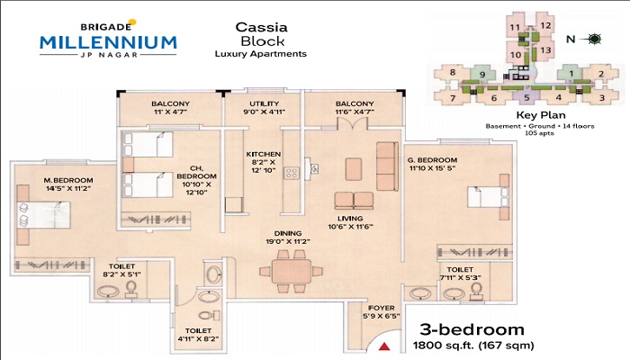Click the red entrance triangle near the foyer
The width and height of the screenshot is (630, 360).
(384, 346)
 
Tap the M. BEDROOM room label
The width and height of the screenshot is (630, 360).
(68, 180)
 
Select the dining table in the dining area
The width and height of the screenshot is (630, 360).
(292, 272)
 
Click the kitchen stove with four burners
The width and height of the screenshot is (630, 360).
(292, 173)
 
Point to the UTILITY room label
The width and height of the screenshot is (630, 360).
(264, 103)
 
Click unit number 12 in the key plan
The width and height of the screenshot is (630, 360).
(545, 25)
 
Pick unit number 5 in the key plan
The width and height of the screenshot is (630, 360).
(526, 97)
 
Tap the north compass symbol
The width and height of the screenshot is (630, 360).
(594, 39)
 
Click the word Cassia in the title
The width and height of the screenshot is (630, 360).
(262, 27)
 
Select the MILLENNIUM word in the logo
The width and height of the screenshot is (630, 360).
(108, 42)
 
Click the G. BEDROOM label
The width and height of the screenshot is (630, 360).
(433, 160)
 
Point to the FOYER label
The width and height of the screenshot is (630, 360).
(382, 308)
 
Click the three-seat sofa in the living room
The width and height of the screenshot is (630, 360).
(387, 166)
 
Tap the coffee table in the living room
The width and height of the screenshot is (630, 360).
(354, 169)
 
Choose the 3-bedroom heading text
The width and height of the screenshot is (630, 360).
(472, 329)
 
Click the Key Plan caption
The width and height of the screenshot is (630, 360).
(541, 115)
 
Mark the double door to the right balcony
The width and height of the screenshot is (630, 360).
(353, 124)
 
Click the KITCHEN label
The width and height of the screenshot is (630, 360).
(264, 154)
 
